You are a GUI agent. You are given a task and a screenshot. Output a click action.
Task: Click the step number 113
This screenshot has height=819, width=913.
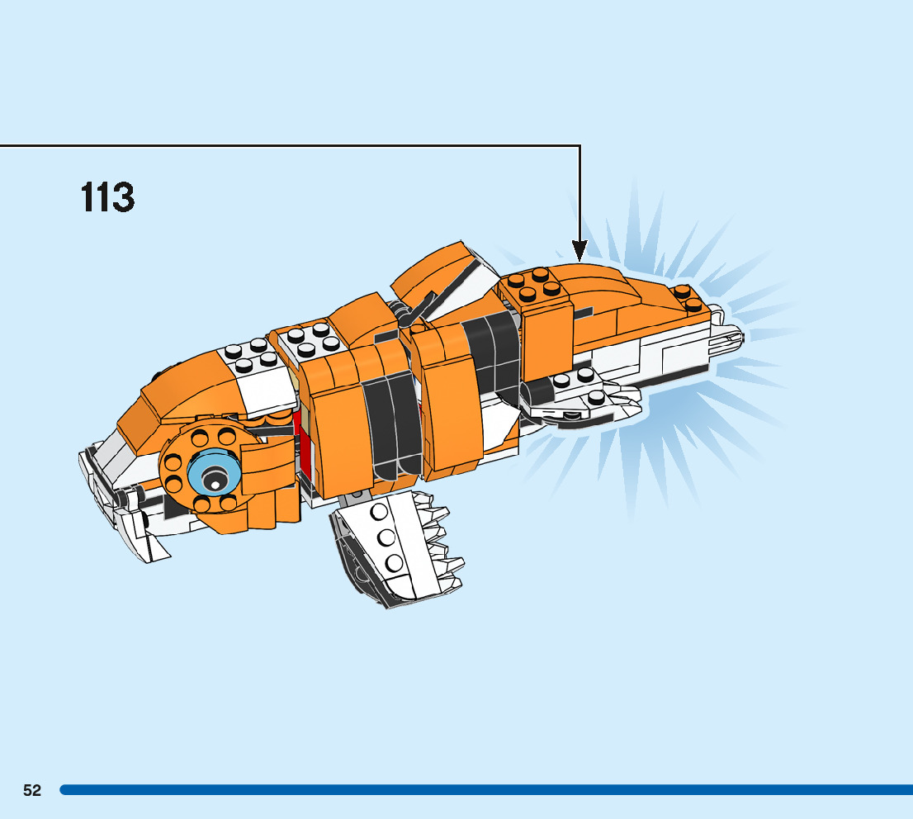coord(108,198)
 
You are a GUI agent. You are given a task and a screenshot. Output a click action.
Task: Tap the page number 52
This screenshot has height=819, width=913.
coord(32,790)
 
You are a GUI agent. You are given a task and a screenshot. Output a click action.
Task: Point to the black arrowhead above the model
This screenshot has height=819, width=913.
coord(579,249)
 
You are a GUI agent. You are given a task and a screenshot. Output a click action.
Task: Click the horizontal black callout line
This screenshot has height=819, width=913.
coord(289,146)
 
